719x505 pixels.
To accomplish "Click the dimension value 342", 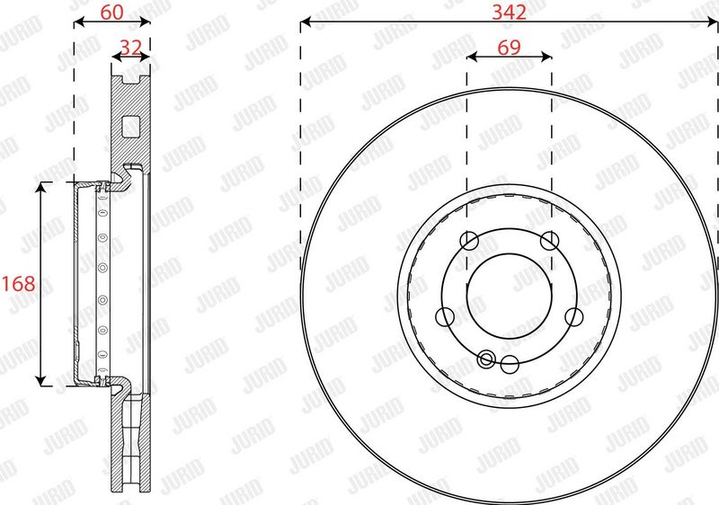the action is pos(509,12).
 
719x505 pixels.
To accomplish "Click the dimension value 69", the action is pos(509,48).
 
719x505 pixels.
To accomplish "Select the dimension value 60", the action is pos(111,12).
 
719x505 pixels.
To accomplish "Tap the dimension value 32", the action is pos(130,47).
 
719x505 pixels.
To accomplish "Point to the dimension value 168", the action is pos(18,284).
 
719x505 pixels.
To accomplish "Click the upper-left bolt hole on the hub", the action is pos(469,241).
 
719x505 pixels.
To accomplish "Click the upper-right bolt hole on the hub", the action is pos(549,241).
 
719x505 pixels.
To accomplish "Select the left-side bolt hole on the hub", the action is pos(444,316).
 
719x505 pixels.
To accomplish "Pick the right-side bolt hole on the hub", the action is pos(573,316).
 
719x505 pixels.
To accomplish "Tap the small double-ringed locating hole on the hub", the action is pos(486,359).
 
